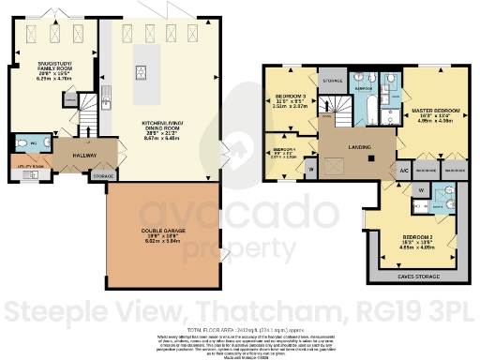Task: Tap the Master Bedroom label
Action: tap(434, 111)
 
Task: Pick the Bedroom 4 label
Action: tap(283, 149)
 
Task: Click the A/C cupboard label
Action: tap(403, 172)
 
